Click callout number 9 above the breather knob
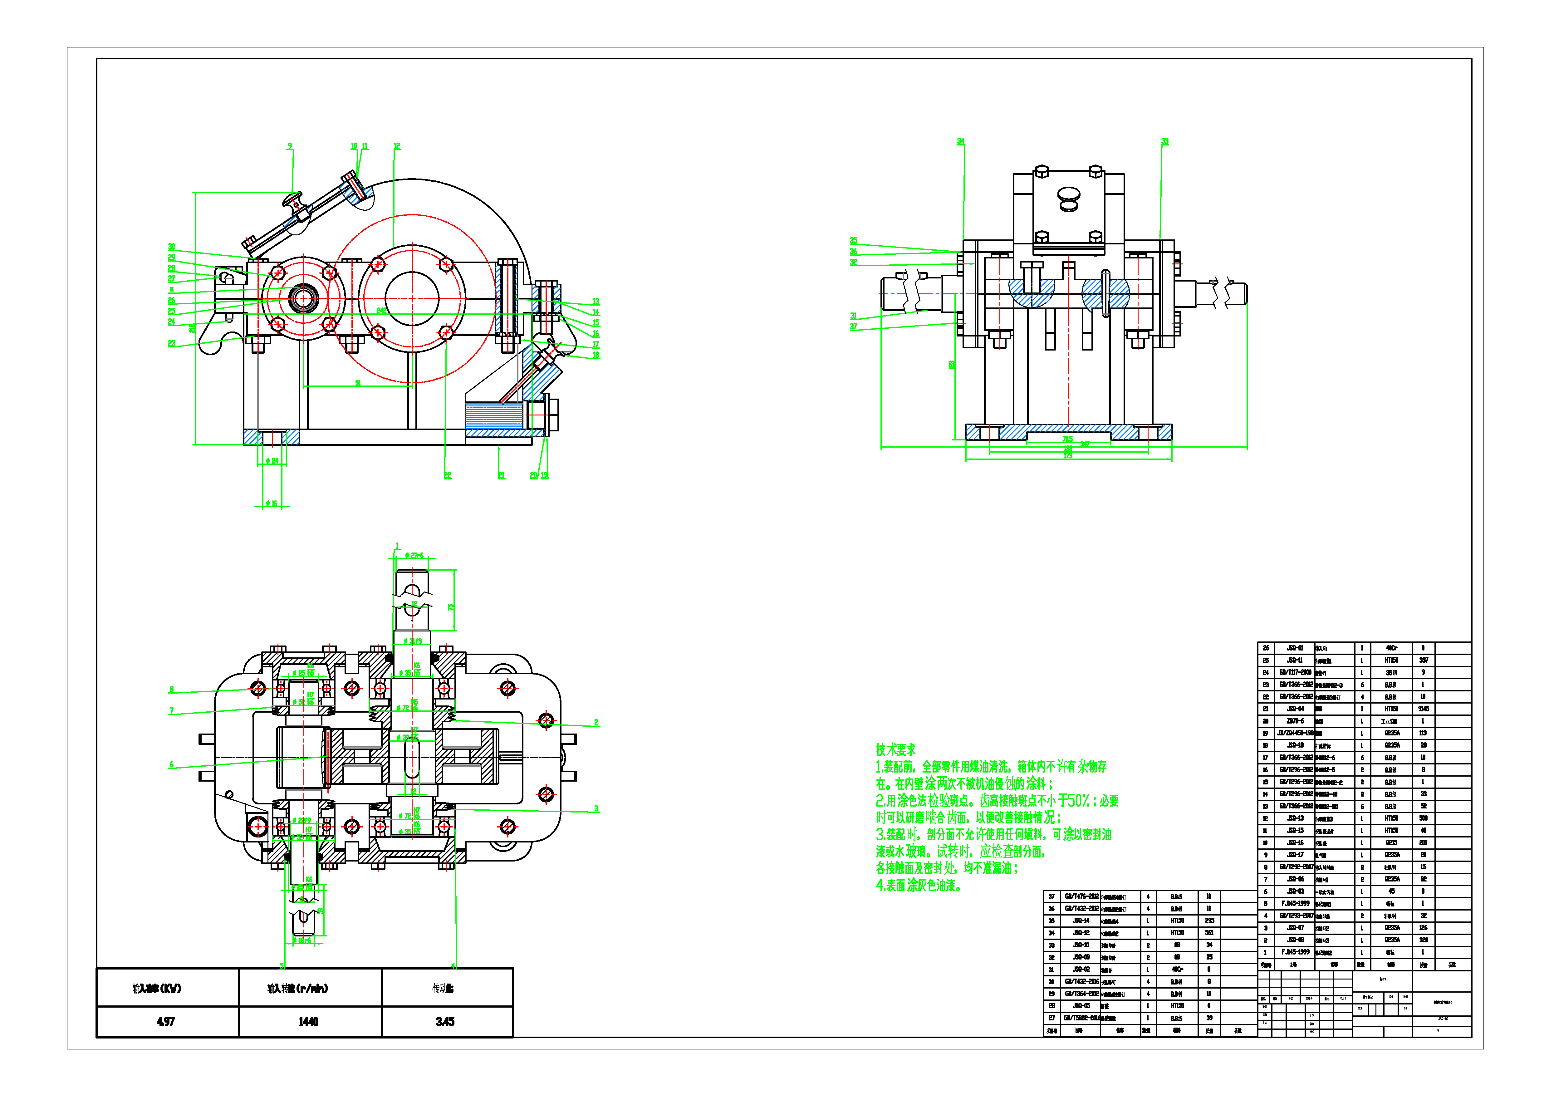point(290,146)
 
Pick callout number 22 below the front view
point(447,476)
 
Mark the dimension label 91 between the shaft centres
point(358,383)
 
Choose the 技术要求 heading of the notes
point(896,749)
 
